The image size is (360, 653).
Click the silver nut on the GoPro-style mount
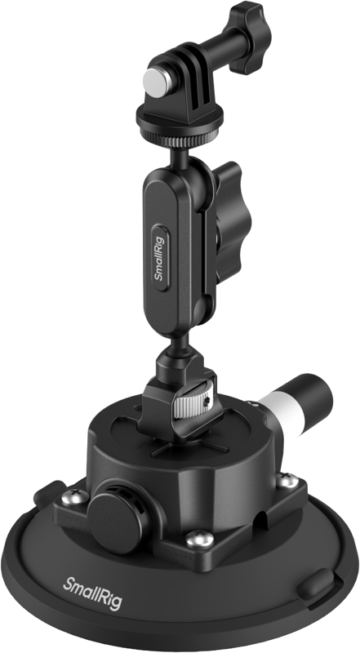click(x=151, y=78)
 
